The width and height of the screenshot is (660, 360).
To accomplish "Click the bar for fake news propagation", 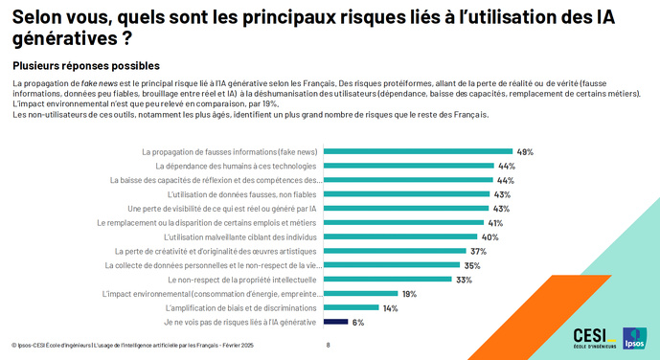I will click(x=418, y=151).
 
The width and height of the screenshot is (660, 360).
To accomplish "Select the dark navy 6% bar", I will click(x=334, y=323).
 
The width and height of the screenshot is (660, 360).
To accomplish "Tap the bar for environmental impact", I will click(x=360, y=294).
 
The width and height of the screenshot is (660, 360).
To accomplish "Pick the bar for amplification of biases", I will click(x=351, y=308).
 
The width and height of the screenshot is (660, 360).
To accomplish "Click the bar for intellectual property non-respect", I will click(x=388, y=280).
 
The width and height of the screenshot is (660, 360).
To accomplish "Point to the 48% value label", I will click(x=525, y=151).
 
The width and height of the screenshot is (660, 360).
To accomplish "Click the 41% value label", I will click(x=495, y=222).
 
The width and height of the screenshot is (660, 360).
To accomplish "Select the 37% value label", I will click(x=479, y=251).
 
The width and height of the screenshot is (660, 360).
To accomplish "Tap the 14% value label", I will click(x=390, y=308).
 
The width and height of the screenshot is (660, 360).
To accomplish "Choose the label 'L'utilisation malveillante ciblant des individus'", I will click(x=240, y=236).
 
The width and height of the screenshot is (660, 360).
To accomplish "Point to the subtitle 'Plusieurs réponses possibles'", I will click(x=85, y=66).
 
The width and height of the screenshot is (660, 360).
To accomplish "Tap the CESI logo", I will click(x=595, y=337).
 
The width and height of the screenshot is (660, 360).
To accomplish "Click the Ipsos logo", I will click(x=634, y=338).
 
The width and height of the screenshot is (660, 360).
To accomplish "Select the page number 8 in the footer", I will click(x=329, y=345).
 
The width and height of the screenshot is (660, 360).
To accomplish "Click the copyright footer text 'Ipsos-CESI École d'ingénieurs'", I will click(x=57, y=345).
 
